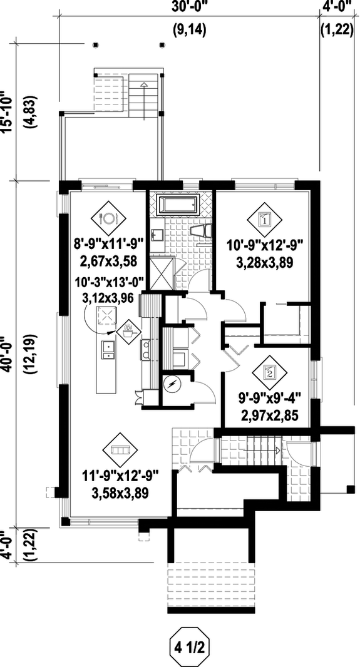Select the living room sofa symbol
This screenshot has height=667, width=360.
[x=118, y=450]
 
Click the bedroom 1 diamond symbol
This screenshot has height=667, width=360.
[x=264, y=218]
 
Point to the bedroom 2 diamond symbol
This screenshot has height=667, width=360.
[x=269, y=373]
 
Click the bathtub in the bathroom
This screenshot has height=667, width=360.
[x=178, y=205]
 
